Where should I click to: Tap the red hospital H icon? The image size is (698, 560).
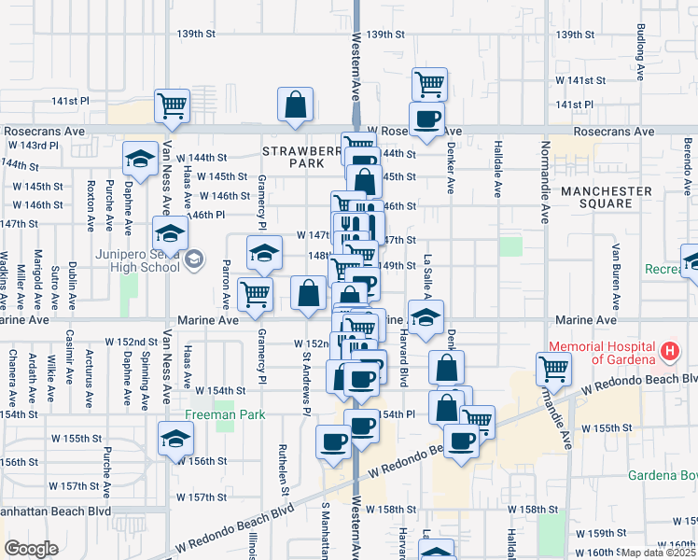pos(668,353)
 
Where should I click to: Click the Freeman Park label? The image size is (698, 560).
pos(225,415)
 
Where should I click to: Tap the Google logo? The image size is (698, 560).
pos(31,549)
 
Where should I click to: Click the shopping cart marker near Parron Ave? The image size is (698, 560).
pos(255,293)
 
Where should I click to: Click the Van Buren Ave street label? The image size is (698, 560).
pos(616,270)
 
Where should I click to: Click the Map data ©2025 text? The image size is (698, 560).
pos(659,553)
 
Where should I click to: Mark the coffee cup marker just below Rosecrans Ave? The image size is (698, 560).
pos(426,119)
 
